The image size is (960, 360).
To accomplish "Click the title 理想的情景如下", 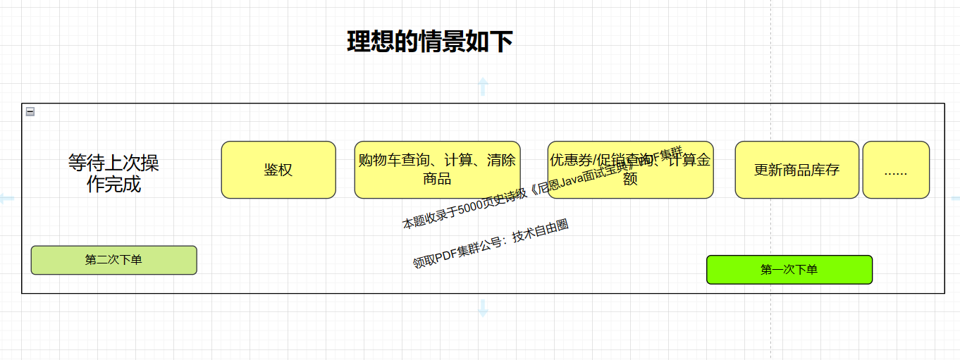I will coord(429,42).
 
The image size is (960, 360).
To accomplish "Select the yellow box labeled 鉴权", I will coord(278,170).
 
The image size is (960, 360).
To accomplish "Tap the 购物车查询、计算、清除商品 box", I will coord(437,170).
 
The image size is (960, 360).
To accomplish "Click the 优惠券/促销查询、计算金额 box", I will coord(630,170).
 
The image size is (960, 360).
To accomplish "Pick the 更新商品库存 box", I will coord(796,170).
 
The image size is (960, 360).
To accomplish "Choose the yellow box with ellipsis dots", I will coord(896,170).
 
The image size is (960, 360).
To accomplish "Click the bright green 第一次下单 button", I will coord(789,270).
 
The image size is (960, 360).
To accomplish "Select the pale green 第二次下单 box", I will coord(113,260).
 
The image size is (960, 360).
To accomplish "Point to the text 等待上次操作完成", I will coord(113,173).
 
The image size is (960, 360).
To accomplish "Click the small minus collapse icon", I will coord(30,111).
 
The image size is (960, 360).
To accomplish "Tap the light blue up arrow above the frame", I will coord(483,86).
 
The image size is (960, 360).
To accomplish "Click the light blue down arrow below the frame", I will coord(483,308).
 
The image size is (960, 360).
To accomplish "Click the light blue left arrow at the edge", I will coord(6,199).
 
